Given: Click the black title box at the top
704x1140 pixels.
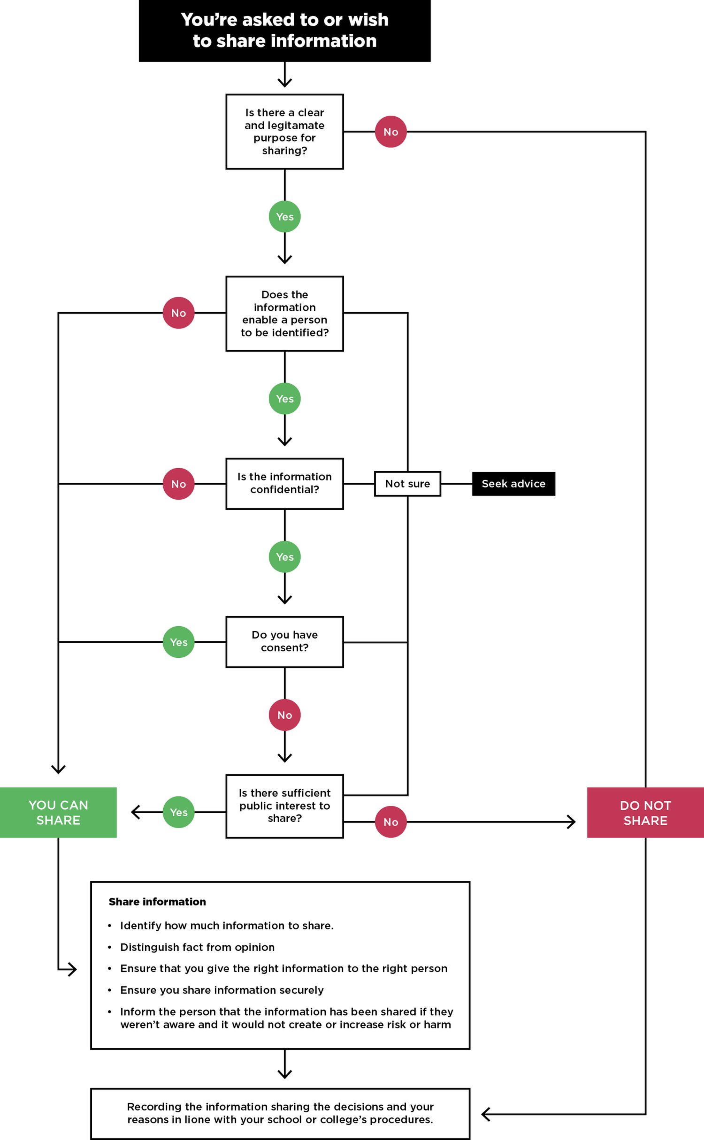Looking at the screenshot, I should click(x=284, y=30).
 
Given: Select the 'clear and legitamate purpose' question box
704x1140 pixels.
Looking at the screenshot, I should click(x=284, y=132).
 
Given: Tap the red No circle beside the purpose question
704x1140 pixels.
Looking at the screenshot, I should click(x=390, y=132).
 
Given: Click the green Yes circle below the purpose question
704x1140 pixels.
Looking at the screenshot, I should click(x=284, y=217).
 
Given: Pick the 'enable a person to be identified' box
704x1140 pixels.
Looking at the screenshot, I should click(x=284, y=313).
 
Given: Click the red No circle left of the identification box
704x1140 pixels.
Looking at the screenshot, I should click(x=178, y=313).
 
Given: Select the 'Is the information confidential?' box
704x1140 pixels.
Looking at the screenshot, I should click(x=284, y=483).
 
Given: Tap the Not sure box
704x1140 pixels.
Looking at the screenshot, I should click(x=407, y=484).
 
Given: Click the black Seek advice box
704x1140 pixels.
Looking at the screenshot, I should click(x=513, y=484).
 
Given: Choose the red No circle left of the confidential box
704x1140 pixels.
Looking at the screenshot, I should click(x=178, y=484).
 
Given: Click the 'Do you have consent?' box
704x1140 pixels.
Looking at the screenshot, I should click(x=284, y=641).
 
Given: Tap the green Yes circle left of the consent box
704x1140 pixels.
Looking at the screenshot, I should click(x=178, y=642).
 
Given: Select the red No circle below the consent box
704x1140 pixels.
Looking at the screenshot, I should click(x=284, y=715).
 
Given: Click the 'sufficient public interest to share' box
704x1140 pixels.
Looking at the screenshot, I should click(x=284, y=806).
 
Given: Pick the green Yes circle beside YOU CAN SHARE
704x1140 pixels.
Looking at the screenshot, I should click(x=178, y=812).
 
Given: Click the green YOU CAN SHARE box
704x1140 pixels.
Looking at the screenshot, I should click(x=58, y=812).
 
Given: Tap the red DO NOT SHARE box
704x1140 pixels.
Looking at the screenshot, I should click(x=645, y=813).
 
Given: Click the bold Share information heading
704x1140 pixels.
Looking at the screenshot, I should click(x=157, y=902).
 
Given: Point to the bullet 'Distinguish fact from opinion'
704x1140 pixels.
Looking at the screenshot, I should click(x=197, y=947).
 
